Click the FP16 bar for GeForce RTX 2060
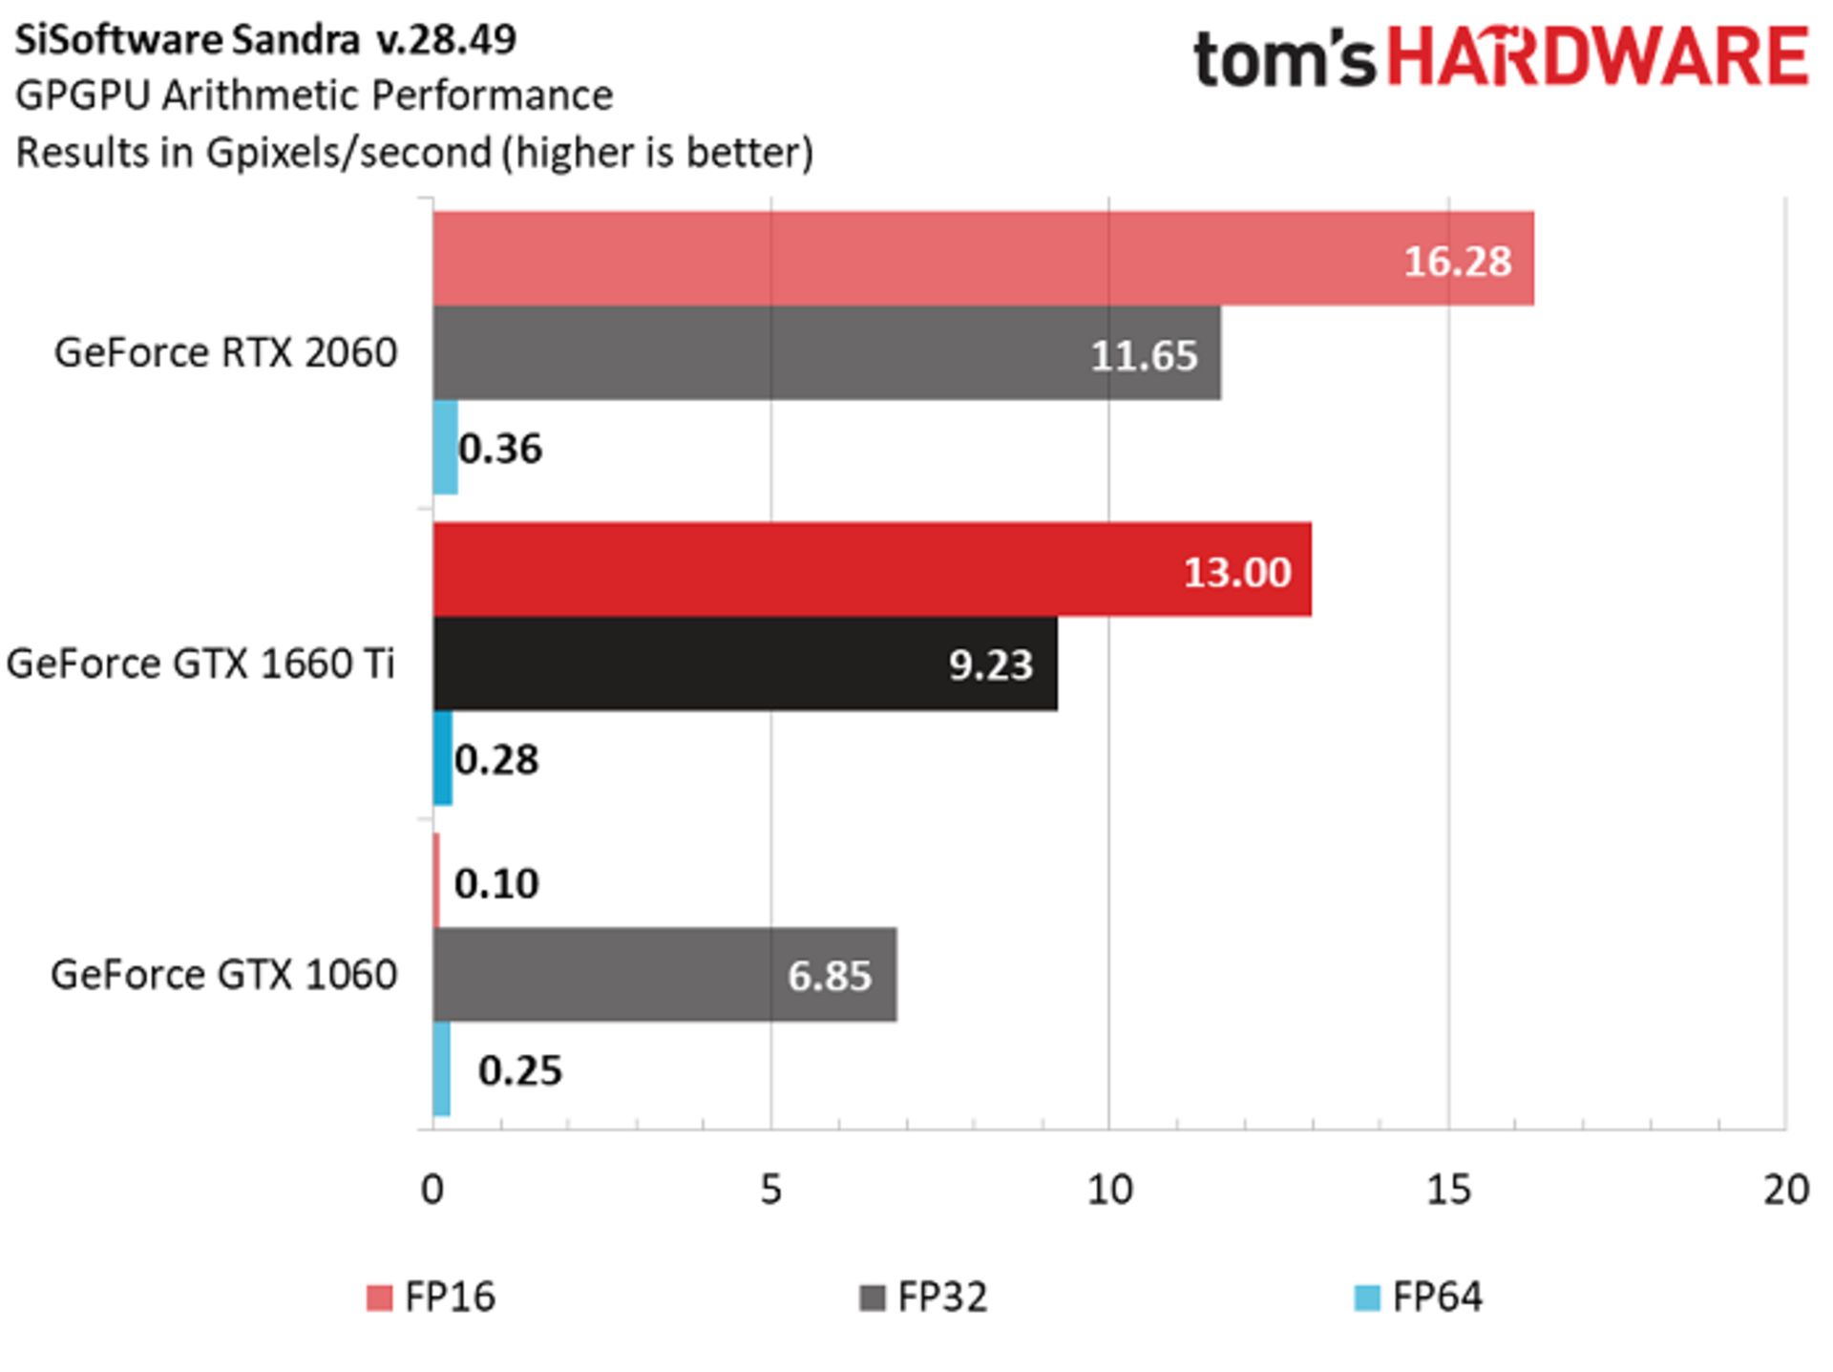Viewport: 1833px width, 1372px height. tap(983, 258)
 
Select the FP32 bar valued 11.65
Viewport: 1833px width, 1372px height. tap(826, 352)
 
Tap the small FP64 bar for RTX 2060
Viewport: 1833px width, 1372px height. tap(445, 447)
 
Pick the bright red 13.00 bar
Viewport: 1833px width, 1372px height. tap(872, 569)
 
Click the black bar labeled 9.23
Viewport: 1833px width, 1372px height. tap(745, 664)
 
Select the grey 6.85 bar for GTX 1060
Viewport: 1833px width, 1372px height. tap(664, 974)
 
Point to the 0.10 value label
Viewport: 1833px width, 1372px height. tap(496, 883)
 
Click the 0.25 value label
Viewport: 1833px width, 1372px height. tap(519, 1069)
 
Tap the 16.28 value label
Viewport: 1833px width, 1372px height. tap(1457, 261)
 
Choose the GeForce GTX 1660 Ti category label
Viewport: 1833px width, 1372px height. tap(200, 664)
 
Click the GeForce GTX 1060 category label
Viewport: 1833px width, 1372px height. tap(223, 974)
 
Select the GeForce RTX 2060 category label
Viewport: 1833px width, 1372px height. tap(225, 352)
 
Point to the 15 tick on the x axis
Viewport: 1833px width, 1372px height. tap(1448, 1190)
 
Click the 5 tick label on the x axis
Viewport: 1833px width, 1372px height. tap(770, 1190)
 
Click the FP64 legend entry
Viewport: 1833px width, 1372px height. tap(1420, 1297)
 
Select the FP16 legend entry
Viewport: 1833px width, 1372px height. tap(432, 1297)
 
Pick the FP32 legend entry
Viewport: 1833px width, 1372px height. tap(925, 1297)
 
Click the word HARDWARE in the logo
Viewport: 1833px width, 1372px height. tap(1597, 57)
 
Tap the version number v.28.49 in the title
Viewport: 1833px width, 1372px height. tap(446, 39)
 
